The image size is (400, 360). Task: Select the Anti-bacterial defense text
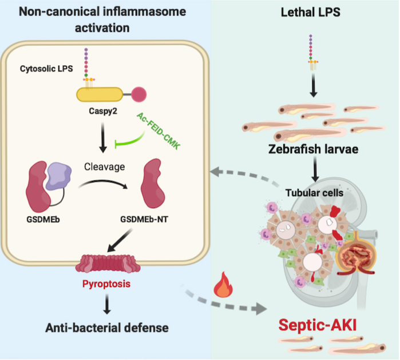click(x=107, y=328)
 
